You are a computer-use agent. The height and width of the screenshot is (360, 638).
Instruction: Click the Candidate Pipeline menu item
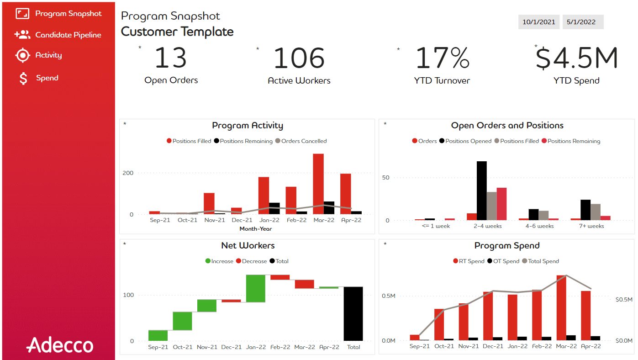click(x=68, y=35)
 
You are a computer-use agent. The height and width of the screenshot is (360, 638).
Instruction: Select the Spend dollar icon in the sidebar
click(x=23, y=79)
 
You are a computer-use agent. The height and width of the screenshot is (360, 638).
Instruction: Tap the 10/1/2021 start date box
click(x=538, y=22)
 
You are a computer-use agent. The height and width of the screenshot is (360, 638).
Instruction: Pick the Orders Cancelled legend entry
click(x=304, y=141)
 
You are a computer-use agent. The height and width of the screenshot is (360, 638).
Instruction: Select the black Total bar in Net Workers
click(x=353, y=313)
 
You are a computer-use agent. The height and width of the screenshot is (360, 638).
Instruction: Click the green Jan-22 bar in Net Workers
click(x=255, y=288)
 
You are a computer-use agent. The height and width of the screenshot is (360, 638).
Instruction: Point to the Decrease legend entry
click(x=254, y=261)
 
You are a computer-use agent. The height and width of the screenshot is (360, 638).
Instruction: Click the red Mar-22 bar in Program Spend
click(x=561, y=308)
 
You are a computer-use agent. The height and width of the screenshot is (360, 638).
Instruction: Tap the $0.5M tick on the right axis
click(x=623, y=300)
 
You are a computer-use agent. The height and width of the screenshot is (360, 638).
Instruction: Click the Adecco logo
click(x=60, y=345)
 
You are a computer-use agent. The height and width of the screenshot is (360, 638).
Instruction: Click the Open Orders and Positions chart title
click(x=507, y=126)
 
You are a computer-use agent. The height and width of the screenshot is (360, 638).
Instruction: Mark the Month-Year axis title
click(x=255, y=228)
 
